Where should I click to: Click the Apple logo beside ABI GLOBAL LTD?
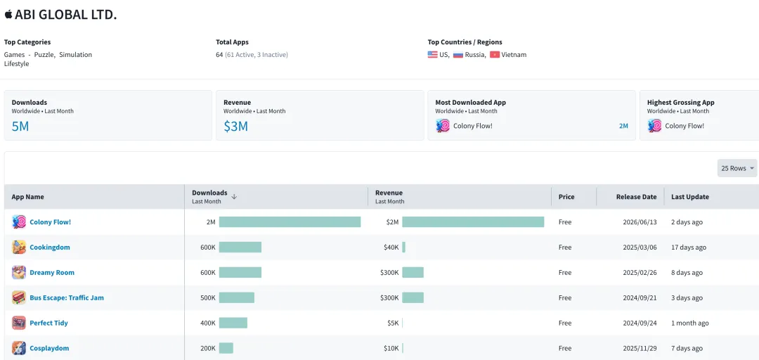tap(8, 15)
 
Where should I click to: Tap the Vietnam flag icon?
tap(494, 55)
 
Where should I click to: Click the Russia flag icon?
tap(458, 55)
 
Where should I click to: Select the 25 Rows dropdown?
tap(737, 168)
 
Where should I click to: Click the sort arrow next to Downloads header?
tap(234, 197)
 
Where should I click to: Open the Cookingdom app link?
tap(50, 247)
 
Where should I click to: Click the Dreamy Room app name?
tap(52, 272)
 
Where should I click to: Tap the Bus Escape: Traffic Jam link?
tap(67, 297)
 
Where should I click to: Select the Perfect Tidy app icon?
tap(19, 323)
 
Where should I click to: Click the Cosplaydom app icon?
tap(19, 348)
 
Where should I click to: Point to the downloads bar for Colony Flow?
tap(290, 222)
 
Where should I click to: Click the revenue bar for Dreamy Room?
tap(413, 272)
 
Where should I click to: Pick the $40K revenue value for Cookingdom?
tap(391, 247)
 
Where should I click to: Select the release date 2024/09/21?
tap(640, 297)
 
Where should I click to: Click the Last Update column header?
tap(690, 197)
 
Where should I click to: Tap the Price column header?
tap(566, 197)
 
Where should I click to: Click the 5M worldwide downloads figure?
tap(20, 127)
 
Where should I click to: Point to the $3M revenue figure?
tap(235, 127)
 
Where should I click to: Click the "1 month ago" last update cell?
tap(690, 323)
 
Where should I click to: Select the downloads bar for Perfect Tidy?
tap(233, 323)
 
